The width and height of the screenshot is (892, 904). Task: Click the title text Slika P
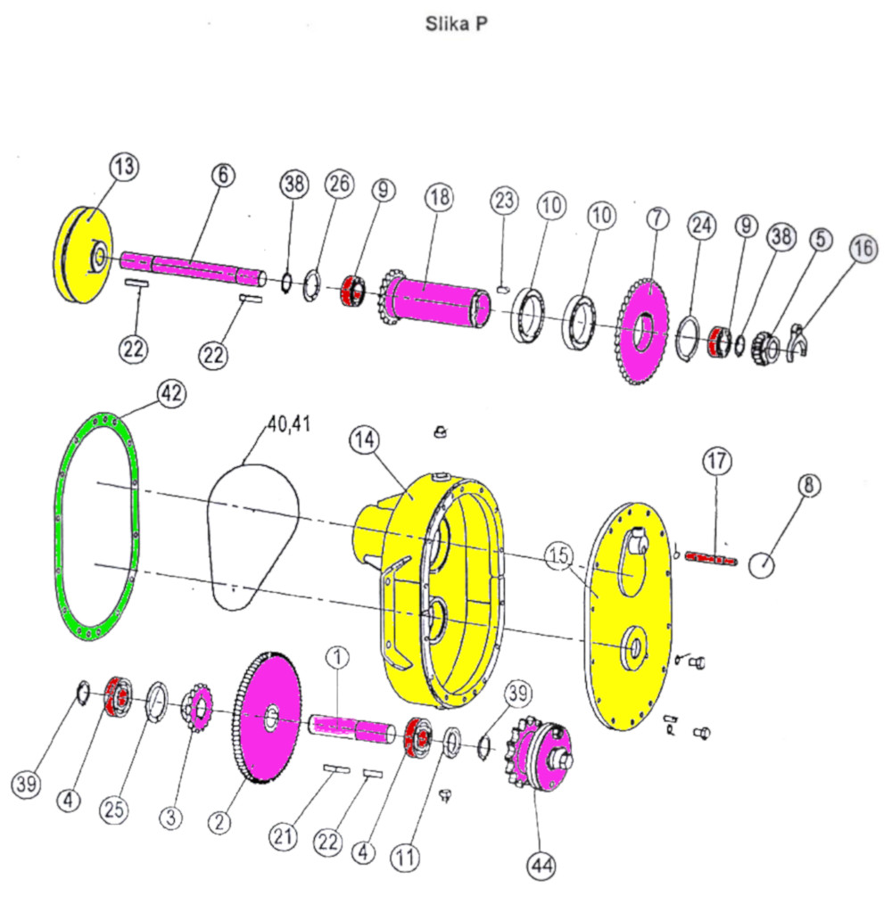click(456, 24)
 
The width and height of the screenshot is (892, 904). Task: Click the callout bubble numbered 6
click(223, 175)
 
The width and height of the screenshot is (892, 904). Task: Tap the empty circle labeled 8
click(762, 564)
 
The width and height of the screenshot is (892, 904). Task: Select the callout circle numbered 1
click(338, 658)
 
